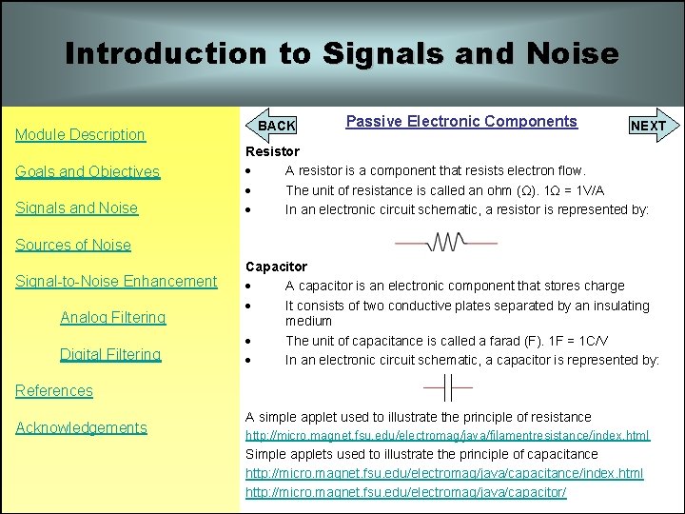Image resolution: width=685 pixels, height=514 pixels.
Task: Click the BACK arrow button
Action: (275, 126)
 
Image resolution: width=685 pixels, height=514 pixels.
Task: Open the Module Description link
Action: (80, 135)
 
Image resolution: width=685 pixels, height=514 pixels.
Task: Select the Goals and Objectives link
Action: (87, 172)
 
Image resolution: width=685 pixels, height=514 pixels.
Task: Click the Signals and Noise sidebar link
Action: (76, 208)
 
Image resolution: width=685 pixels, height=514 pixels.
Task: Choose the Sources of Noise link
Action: (72, 245)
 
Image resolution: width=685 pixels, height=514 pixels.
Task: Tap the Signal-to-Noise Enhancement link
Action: (116, 281)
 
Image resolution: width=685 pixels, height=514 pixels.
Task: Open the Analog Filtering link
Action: (112, 318)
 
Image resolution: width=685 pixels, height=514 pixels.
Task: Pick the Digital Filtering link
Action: (110, 354)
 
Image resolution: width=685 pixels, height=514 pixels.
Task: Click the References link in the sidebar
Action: (54, 390)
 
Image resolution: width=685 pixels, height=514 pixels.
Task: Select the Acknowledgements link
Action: (81, 427)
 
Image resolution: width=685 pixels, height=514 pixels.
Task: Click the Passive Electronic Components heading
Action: (461, 121)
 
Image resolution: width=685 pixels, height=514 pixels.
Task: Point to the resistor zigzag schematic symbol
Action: (446, 243)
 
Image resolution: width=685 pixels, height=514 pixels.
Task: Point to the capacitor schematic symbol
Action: (447, 388)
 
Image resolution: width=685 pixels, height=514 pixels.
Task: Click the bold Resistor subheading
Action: (272, 151)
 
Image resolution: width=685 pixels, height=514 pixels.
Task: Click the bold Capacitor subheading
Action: (276, 267)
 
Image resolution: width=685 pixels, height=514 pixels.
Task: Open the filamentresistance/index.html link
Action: (447, 435)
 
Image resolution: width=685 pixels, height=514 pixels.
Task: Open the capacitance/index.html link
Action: (444, 473)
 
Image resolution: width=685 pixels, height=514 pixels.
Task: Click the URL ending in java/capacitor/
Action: (406, 492)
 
